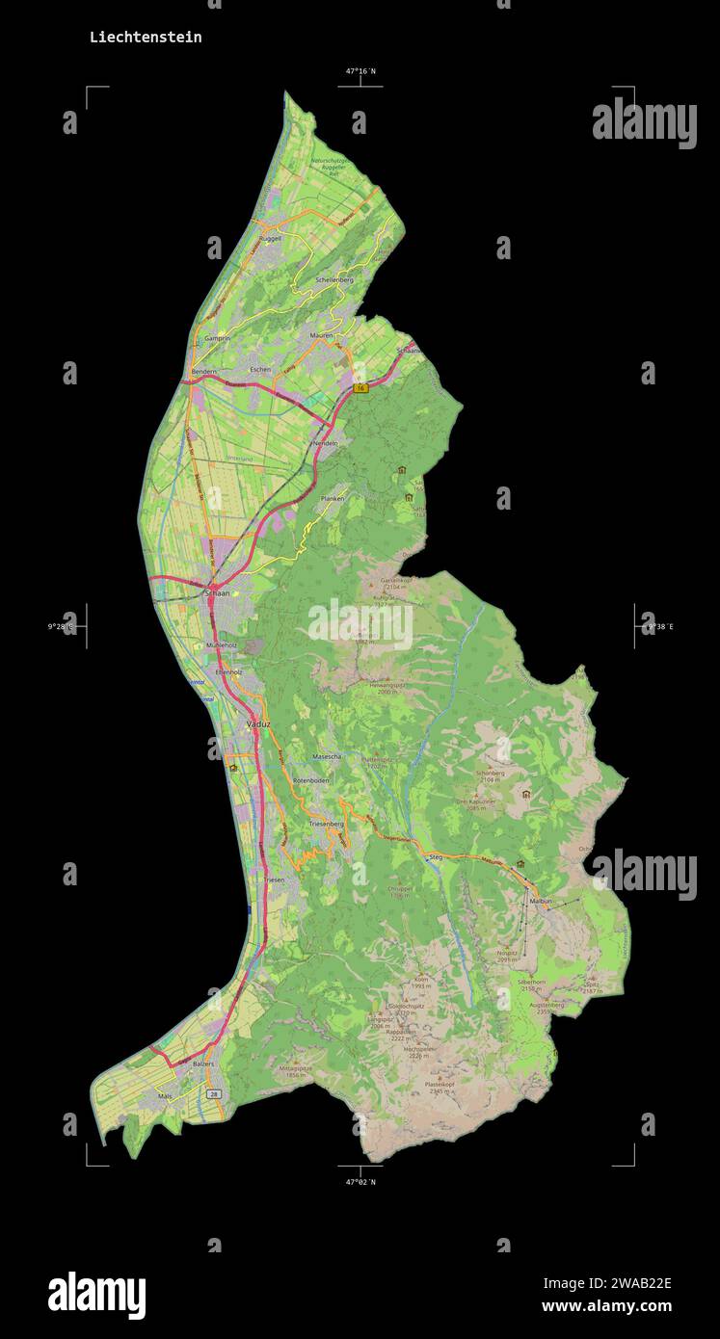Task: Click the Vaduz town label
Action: pos(257,722)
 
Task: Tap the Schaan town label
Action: pos(217,594)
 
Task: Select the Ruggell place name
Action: pos(270,238)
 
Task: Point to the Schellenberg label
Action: pos(334,279)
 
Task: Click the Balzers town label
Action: pos(202,1064)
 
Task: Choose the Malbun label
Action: pos(541,901)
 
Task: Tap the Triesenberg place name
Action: pos(326,825)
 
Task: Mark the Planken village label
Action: pos(332,499)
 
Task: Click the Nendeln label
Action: pos(325,442)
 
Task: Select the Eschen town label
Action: pos(260,370)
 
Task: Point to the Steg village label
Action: pos(435,856)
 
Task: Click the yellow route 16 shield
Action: pos(360,388)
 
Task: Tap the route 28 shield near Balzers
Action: pos(214,1094)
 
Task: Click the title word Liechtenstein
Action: pos(146,38)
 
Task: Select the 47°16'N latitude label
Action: pos(360,71)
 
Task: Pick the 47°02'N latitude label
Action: pos(360,1181)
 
